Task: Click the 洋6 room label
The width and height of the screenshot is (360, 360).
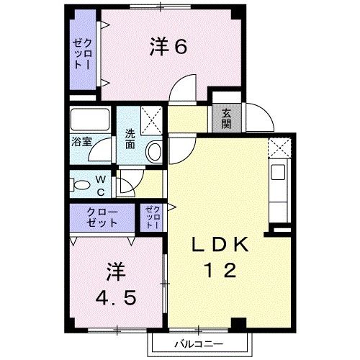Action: [168, 47]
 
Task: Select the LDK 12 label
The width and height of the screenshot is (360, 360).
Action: [220, 257]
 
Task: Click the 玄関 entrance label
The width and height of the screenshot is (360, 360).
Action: [226, 118]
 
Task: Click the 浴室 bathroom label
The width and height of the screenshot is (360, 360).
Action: [81, 142]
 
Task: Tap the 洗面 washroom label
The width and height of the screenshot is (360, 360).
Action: [130, 139]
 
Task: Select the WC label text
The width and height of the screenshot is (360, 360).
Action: [101, 185]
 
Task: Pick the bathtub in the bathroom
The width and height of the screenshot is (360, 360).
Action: [90, 120]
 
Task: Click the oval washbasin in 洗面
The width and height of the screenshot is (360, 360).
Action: [154, 151]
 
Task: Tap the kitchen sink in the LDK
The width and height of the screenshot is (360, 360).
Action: [278, 172]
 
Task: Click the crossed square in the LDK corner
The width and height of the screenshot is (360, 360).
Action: [279, 148]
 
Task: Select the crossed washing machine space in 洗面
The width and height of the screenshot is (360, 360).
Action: [151, 120]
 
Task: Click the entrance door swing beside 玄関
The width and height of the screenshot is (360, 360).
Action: [260, 117]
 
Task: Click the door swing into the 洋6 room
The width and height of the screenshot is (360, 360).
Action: [183, 88]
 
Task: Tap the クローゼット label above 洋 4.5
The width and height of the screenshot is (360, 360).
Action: [102, 217]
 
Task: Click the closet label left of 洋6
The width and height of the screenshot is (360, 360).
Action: [82, 54]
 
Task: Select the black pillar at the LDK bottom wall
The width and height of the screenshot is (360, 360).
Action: [239, 323]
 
